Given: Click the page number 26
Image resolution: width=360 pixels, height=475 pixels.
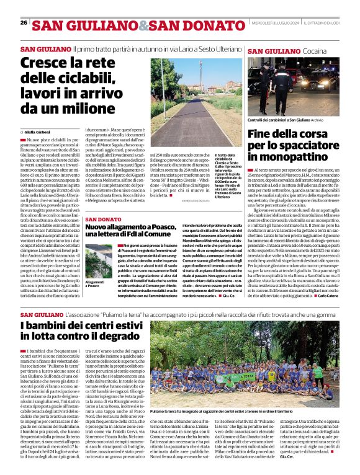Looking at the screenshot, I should [x=23, y=23].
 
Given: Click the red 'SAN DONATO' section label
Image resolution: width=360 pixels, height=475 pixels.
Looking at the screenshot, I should [x=103, y=220].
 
